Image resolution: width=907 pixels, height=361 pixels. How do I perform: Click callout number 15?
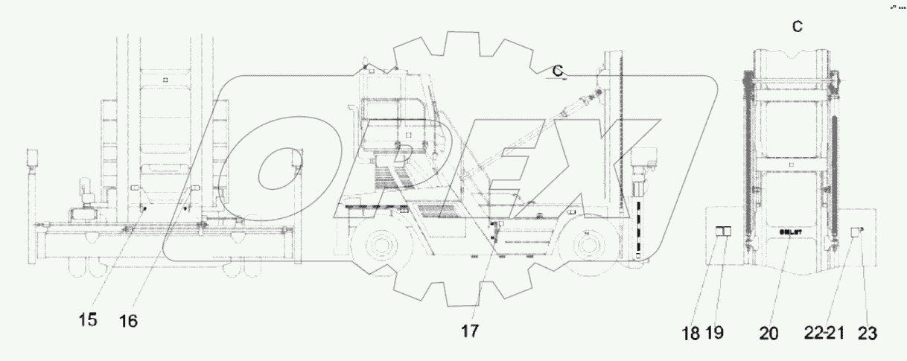(88, 320)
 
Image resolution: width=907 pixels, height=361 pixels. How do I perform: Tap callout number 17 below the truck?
(470, 330)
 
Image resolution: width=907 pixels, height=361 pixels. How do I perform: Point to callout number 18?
(692, 333)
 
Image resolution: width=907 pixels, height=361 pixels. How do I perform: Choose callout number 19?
(715, 333)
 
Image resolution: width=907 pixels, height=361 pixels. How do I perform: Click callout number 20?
(769, 333)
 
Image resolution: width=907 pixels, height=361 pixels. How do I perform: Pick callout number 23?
(866, 333)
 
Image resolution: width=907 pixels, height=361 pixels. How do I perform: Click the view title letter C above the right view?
(797, 27)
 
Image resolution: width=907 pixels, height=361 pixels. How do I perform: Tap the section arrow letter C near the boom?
(557, 70)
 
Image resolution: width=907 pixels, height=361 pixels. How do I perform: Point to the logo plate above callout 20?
(790, 233)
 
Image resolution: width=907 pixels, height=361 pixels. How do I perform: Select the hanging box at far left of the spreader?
(32, 158)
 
